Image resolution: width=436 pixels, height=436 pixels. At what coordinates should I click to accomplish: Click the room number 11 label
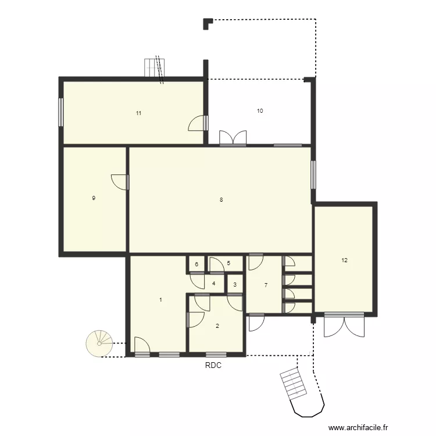tap(138, 113)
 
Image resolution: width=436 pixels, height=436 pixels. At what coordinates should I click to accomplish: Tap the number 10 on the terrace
tap(260, 110)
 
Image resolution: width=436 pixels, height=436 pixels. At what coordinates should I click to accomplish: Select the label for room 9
tap(94, 198)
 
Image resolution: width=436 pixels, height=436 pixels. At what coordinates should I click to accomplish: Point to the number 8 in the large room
tap(221, 200)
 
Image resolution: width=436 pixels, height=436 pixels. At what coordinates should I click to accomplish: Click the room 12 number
tap(344, 260)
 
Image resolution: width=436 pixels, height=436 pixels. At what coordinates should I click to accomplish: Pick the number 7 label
tap(266, 285)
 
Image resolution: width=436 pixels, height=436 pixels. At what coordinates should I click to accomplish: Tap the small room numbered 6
tap(196, 265)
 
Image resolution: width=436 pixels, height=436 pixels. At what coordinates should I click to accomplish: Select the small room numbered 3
tap(234, 285)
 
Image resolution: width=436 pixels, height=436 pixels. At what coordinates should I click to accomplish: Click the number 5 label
tap(228, 263)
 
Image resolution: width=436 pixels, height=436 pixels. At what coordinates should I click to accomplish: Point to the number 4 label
tap(214, 284)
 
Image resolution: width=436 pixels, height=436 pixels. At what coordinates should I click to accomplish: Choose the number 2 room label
tap(217, 326)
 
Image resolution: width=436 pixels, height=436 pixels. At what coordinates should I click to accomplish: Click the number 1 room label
tap(160, 300)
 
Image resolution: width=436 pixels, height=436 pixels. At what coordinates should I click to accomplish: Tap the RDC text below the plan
tap(213, 366)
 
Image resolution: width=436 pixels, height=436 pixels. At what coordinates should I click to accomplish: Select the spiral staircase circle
tap(99, 343)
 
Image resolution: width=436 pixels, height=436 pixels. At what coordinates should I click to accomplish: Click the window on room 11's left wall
tap(60, 111)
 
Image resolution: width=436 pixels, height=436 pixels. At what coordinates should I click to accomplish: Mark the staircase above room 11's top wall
tap(155, 68)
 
